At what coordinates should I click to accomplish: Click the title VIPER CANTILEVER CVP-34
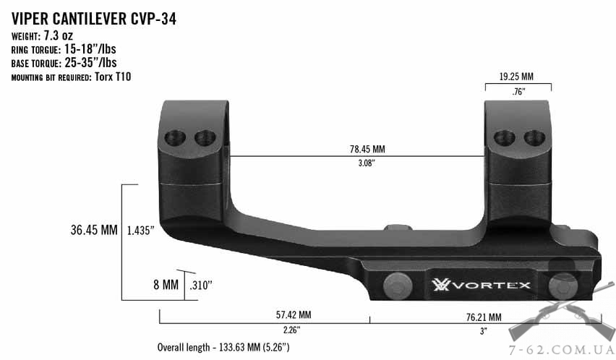[94, 19]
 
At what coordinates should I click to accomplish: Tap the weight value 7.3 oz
[58, 35]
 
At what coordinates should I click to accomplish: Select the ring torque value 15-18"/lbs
[90, 49]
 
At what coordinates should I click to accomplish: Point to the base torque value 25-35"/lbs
[90, 62]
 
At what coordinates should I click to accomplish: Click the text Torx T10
[113, 77]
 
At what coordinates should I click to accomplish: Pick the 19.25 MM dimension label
[516, 77]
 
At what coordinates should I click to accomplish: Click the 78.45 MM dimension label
[367, 149]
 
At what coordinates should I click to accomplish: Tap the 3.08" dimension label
[367, 163]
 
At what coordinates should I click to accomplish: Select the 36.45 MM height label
[94, 230]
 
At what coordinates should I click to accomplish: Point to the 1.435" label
[140, 231]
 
